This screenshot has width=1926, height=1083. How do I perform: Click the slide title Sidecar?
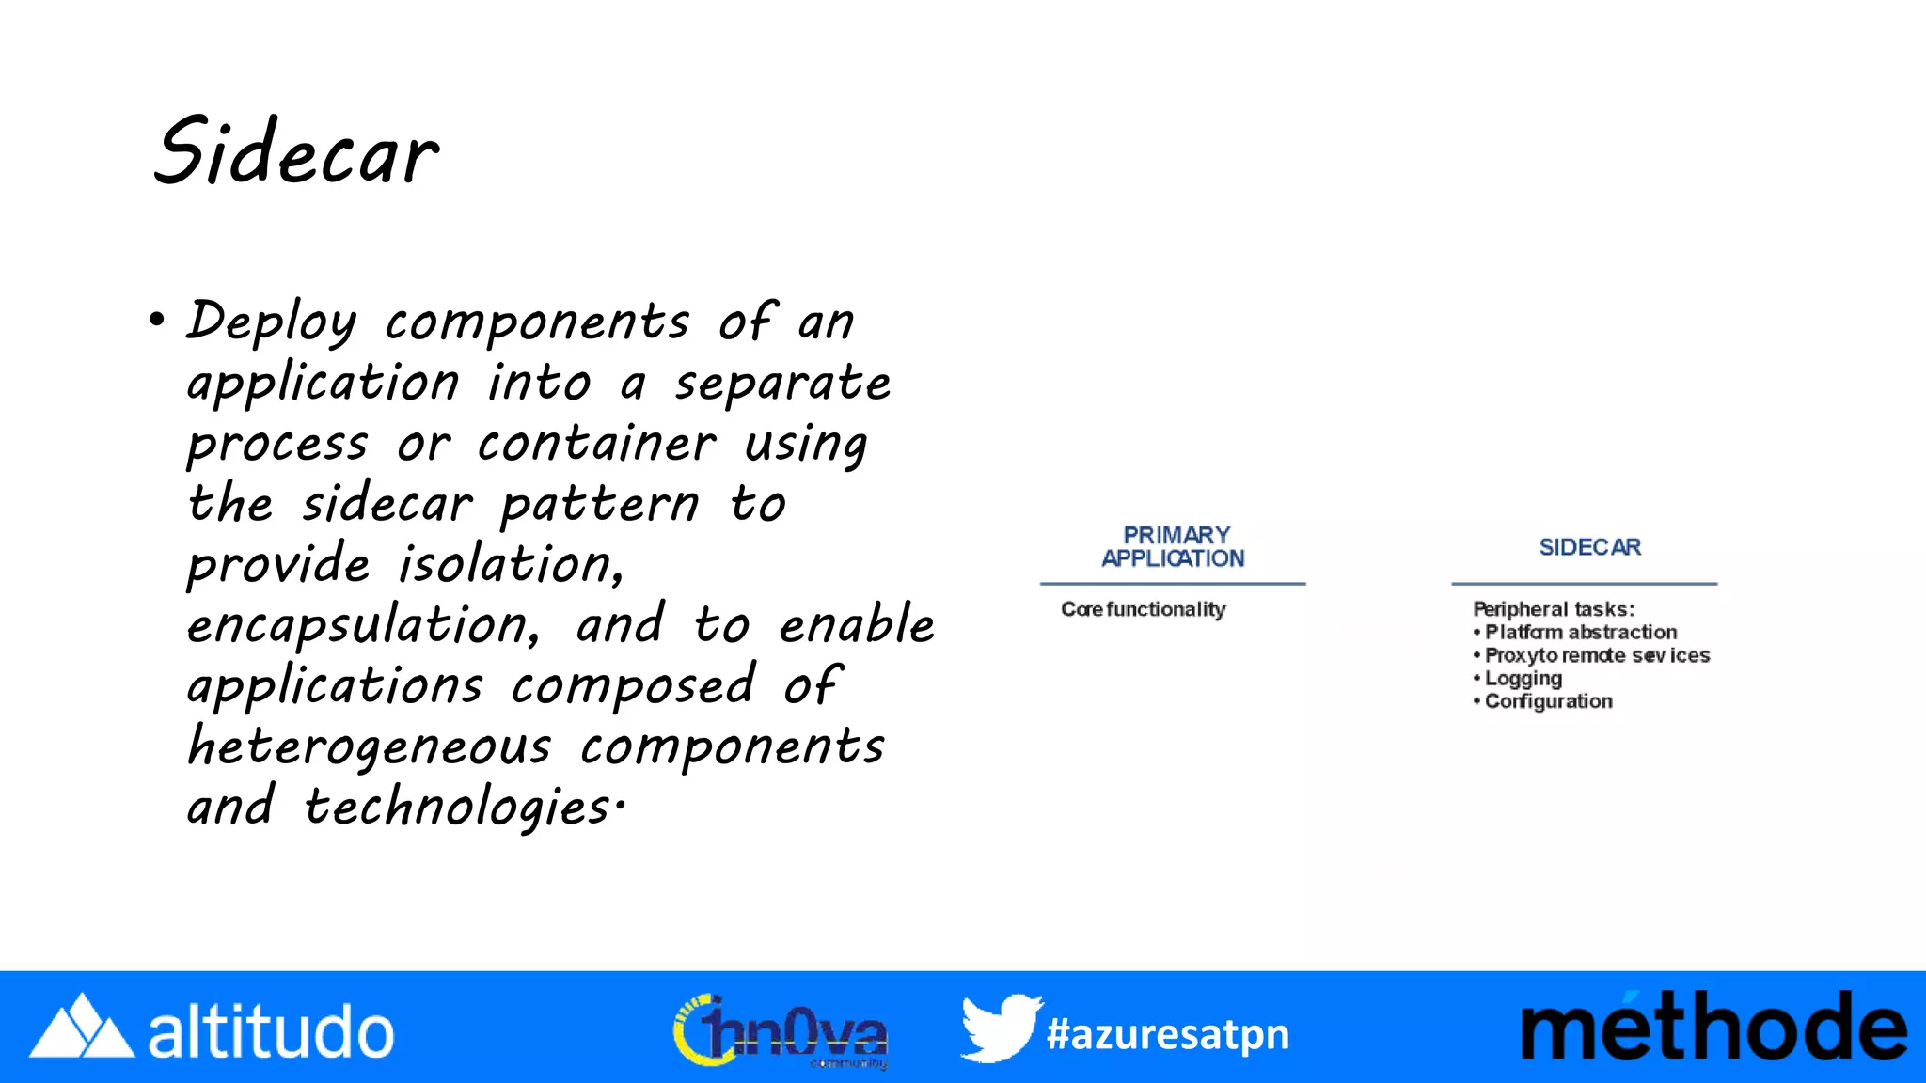[295, 153]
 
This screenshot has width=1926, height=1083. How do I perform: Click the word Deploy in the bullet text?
[272, 322]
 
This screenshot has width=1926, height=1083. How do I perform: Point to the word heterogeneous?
[369, 747]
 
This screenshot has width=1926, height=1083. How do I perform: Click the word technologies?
[458, 808]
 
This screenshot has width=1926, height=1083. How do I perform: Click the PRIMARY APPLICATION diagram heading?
[1174, 546]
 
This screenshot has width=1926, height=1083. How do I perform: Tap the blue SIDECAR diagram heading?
[1589, 547]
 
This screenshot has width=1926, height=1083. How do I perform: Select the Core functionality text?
[1144, 609]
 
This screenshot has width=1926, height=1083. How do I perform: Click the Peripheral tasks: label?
[1554, 609]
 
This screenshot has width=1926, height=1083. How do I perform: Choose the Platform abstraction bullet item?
[1580, 632]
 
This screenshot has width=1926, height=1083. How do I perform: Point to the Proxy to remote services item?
[1596, 655]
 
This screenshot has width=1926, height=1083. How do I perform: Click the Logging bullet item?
[1523, 678]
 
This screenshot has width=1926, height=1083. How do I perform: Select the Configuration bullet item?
[1548, 701]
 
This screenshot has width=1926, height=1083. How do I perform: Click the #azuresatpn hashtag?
[1168, 1034]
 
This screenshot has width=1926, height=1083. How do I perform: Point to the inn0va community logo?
[781, 1031]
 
